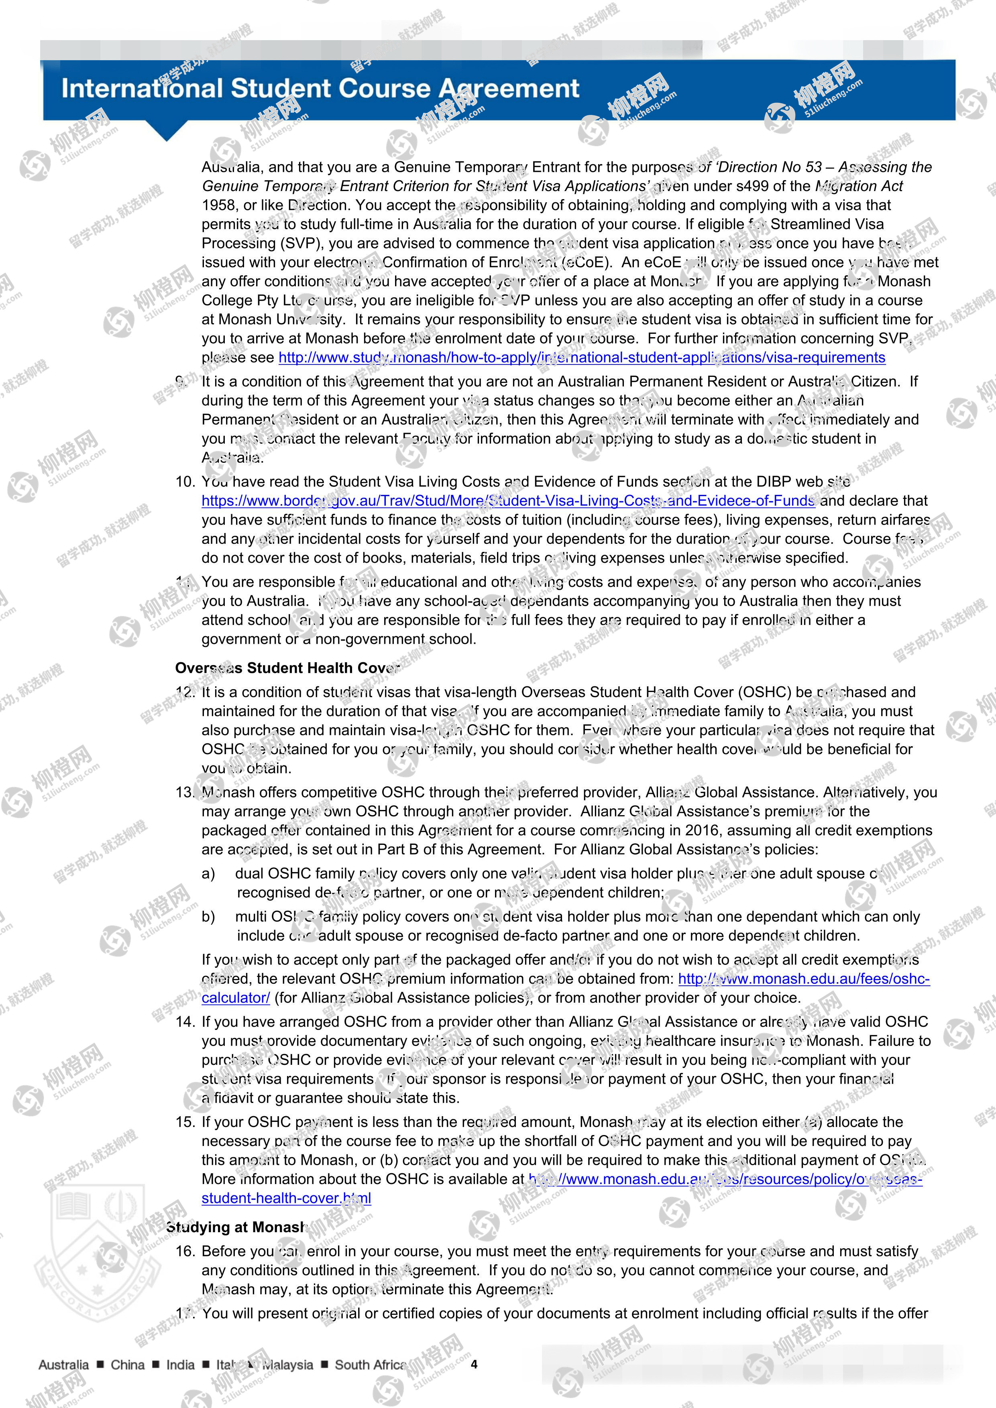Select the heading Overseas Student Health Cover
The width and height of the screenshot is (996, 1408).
287,668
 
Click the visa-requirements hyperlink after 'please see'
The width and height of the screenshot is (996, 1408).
581,358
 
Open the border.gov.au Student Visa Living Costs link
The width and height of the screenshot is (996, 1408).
508,501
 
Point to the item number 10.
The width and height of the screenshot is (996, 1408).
185,482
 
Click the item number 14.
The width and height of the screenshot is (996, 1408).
185,1021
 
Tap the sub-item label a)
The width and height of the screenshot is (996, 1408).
208,873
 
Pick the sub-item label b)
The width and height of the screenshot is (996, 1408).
208,916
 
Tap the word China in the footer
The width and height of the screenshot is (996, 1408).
128,1365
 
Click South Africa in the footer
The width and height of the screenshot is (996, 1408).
370,1365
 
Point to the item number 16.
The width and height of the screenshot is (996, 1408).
185,1251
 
